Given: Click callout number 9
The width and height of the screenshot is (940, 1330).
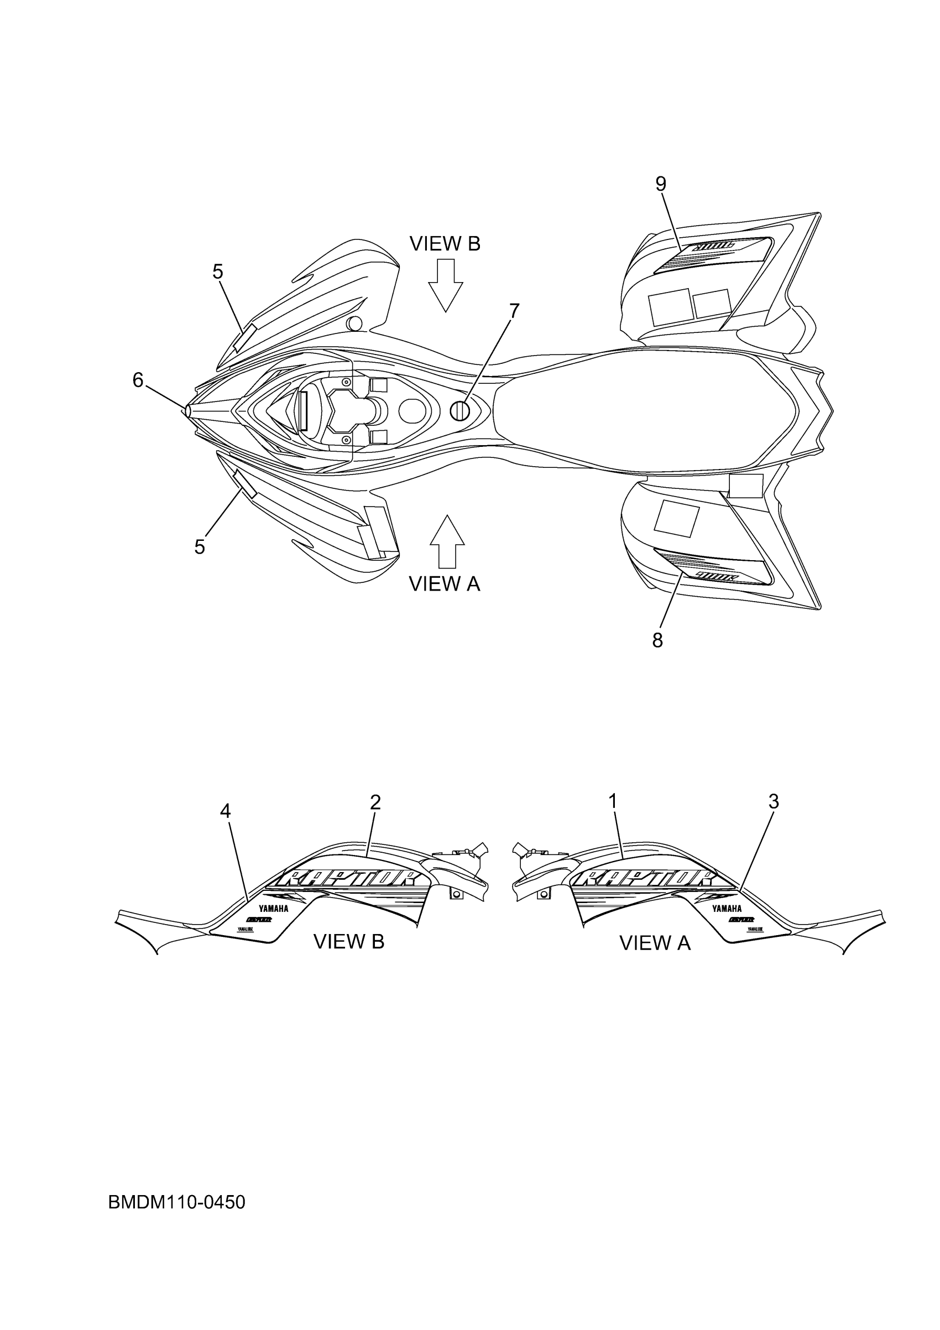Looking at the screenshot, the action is click(x=661, y=184).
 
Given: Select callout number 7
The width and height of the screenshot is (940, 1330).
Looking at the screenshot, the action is click(x=514, y=311).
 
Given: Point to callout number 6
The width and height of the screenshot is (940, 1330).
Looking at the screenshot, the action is click(x=138, y=380).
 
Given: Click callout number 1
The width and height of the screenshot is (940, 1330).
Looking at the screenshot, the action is click(x=613, y=802).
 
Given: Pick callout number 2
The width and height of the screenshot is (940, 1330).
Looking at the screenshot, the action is click(x=375, y=802).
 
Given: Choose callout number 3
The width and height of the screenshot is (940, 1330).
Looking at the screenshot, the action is click(x=773, y=802).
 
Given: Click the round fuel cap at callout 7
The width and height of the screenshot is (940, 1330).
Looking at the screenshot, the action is click(x=461, y=411).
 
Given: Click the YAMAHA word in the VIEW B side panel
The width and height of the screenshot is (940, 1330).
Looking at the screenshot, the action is click(x=273, y=908).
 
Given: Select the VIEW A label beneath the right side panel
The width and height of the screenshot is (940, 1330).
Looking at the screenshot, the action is click(x=655, y=943).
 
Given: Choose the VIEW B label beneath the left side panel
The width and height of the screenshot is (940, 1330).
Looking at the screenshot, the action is click(x=349, y=942).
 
